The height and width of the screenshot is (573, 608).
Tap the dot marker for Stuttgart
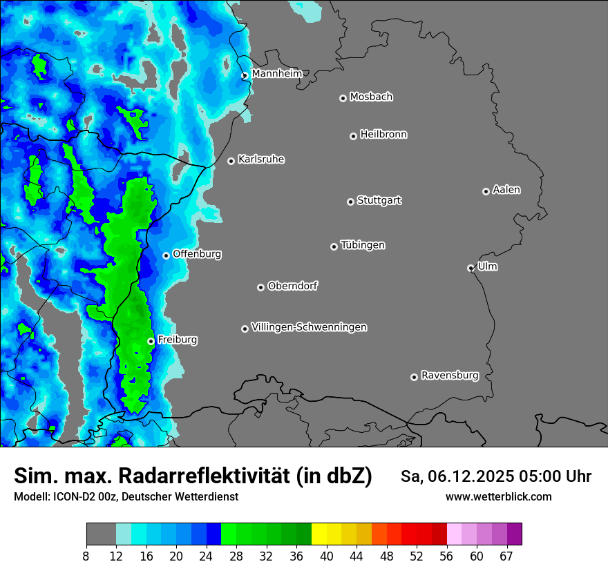tap(350, 202)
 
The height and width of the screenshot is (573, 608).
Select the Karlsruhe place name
tap(261, 159)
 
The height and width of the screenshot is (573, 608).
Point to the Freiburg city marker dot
tap(151, 341)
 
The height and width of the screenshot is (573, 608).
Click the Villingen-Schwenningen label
tap(309, 327)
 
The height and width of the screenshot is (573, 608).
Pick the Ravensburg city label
tap(450, 376)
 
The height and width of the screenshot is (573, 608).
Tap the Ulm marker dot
tap(471, 268)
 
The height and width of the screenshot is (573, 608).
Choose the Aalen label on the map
tap(506, 190)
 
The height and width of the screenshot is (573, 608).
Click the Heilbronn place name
tap(383, 135)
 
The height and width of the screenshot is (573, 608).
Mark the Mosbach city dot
tap(343, 98)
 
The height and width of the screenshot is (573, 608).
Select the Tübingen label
tap(363, 245)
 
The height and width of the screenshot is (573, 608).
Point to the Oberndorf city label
tap(293, 286)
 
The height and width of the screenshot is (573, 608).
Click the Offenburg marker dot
tap(166, 255)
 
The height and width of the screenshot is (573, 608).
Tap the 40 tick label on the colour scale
tap(327, 556)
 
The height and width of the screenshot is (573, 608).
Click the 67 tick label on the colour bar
tap(506, 556)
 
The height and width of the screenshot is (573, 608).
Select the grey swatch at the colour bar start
tap(101, 534)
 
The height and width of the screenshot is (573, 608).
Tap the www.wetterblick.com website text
tap(498, 496)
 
